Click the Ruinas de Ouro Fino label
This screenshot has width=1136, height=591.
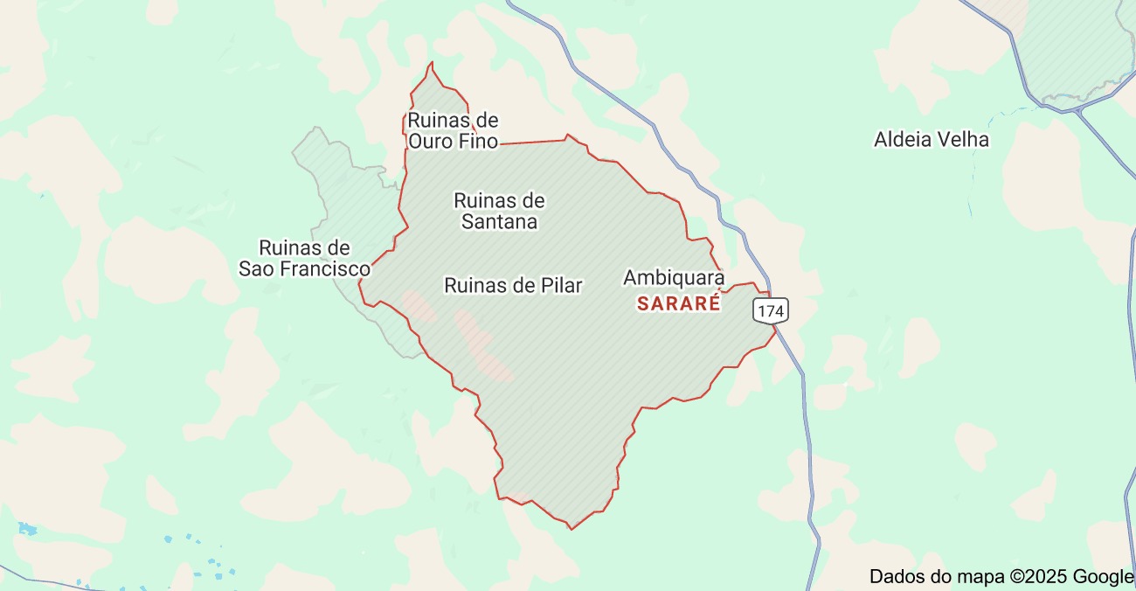point(453,130)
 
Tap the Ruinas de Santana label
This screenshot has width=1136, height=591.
point(499,212)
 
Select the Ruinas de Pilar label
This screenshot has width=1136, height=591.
point(513,285)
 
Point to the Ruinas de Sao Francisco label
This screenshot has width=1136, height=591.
point(304,258)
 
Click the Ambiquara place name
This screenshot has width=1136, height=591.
point(673,278)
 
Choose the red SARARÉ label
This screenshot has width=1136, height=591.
point(679,304)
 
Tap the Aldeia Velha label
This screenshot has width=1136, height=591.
point(932,140)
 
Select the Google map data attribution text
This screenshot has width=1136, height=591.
point(1001,576)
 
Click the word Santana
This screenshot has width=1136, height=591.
point(499,222)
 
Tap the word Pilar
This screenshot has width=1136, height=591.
point(561,285)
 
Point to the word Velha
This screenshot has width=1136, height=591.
point(964,140)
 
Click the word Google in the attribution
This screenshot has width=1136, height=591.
point(1103,576)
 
